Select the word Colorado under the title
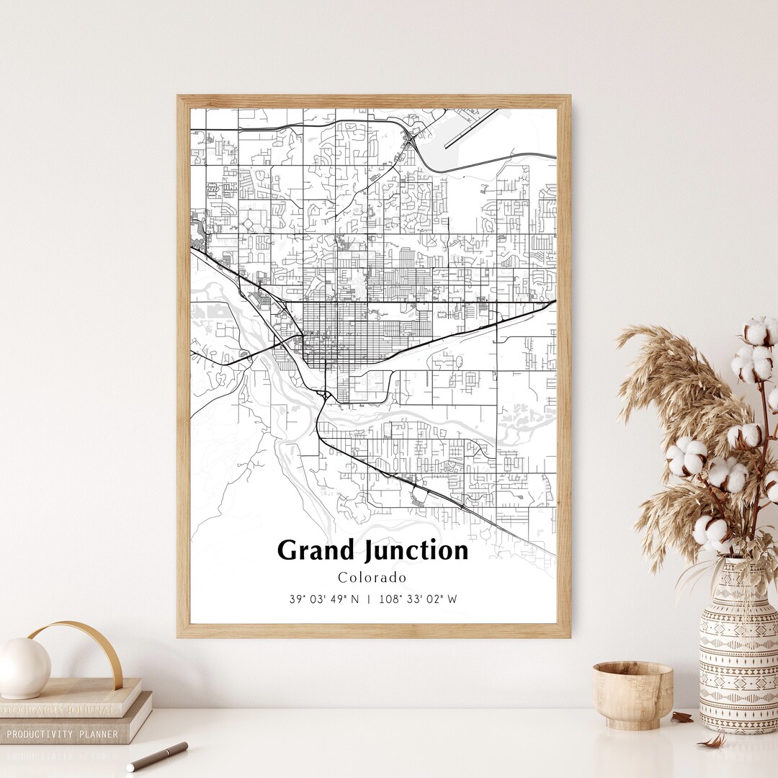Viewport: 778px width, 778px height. (x=372, y=578)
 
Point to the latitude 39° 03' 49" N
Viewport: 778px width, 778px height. (x=323, y=599)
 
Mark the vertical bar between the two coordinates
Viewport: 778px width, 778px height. (x=369, y=599)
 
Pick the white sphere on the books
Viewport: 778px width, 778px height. (x=24, y=668)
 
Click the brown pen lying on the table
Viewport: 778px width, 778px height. (x=158, y=756)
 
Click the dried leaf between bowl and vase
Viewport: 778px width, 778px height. (x=681, y=717)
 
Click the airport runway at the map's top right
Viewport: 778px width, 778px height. (x=472, y=128)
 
